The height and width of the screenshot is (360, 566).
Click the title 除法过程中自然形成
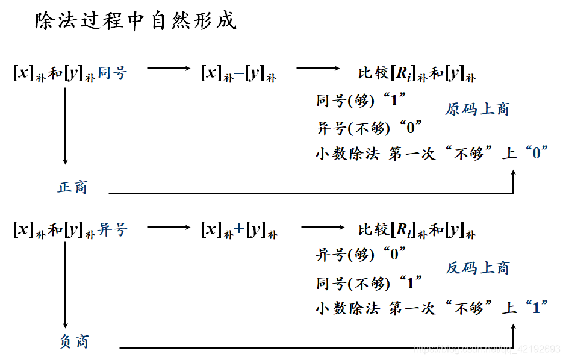135,22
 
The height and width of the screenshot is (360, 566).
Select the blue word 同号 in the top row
113,73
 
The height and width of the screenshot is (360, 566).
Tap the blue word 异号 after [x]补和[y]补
113,229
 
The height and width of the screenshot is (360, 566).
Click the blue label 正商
73,187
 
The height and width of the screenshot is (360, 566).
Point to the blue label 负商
74,342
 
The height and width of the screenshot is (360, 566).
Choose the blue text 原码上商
477,109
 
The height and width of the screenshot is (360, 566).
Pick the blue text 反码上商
477,268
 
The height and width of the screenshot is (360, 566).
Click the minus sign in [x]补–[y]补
239,73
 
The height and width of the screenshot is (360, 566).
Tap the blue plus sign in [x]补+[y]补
239,229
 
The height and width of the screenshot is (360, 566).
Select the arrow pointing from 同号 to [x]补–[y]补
168,68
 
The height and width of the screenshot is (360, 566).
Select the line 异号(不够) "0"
369,128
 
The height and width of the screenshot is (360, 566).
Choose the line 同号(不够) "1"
369,282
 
